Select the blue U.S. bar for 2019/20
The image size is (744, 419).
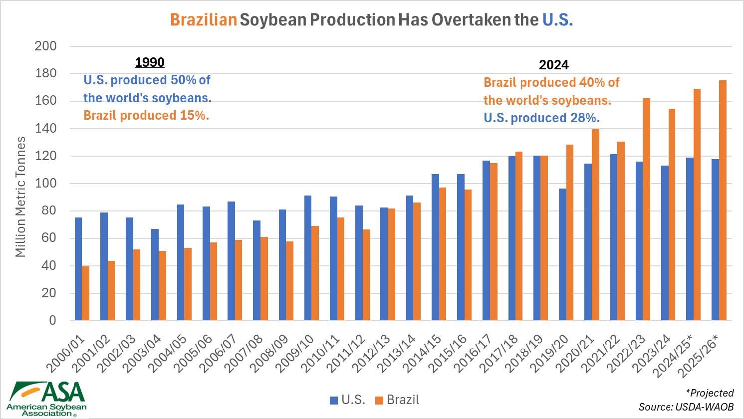coord(562,254)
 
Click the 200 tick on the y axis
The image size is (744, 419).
coord(45,46)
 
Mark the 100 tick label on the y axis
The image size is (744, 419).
coord(45,184)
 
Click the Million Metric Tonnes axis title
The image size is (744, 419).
coord(20,197)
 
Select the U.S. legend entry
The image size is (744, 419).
coord(348,400)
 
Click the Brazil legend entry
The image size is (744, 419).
coord(397,400)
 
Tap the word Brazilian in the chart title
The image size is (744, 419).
coord(203,20)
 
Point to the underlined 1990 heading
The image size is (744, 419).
coord(150,62)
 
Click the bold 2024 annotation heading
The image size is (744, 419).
coord(554,65)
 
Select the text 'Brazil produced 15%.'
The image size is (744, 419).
coord(146,115)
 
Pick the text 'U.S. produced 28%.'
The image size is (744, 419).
coord(541,118)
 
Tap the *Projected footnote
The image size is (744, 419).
coord(710,393)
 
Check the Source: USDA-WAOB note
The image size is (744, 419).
coord(686,407)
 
